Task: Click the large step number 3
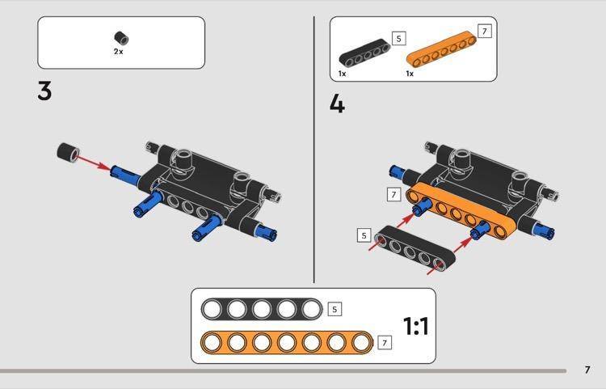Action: click(44, 91)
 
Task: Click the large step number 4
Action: click(337, 104)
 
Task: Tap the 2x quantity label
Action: click(118, 51)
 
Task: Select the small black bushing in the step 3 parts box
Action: click(121, 38)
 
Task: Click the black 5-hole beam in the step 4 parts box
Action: click(364, 53)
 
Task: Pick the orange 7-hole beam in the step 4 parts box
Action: click(441, 49)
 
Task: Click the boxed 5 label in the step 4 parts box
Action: click(399, 38)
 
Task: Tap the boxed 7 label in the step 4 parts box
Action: click(485, 31)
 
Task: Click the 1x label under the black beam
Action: click(342, 74)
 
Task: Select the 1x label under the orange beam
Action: click(410, 74)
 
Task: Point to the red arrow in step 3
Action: click(94, 162)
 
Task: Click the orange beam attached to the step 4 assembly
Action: click(460, 212)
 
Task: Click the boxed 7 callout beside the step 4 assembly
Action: click(393, 194)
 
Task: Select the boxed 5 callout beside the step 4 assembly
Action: click(364, 235)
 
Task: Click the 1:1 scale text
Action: click(416, 326)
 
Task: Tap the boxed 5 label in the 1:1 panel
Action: click(335, 310)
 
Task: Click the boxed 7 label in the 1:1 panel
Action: click(384, 343)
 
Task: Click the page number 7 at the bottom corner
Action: click(587, 370)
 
